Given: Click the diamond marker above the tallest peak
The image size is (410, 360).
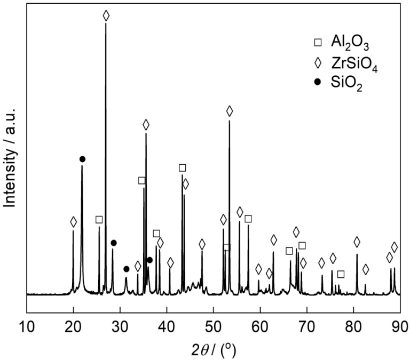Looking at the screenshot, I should pos(106,15).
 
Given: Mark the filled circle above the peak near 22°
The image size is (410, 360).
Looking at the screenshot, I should pos(82,159).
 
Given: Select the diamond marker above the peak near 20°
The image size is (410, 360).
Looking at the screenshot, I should pos(73,222).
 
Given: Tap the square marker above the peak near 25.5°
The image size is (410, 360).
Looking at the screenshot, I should pos(99,220).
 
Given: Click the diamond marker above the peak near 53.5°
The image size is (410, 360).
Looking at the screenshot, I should pos(230,111).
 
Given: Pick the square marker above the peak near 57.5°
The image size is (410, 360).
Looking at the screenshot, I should pos(248,219).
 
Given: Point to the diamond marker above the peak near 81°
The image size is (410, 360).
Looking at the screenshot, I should pos(357,242).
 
